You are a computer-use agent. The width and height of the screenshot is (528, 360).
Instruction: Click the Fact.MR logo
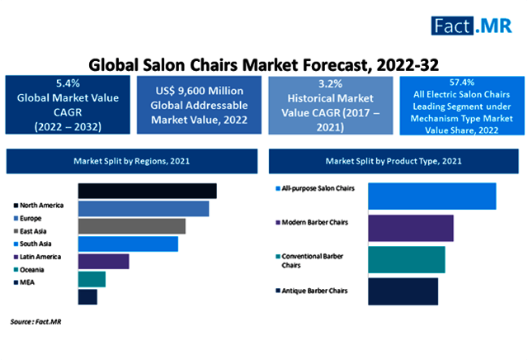point(475,25)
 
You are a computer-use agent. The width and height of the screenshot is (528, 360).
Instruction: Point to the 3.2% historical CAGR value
point(330,83)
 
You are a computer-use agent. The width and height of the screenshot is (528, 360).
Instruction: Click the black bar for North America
point(147,191)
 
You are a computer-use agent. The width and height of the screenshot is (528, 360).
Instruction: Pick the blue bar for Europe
point(143,208)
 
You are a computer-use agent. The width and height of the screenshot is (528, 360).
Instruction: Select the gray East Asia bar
point(131,226)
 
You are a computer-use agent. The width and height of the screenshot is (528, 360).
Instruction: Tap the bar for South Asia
point(128,244)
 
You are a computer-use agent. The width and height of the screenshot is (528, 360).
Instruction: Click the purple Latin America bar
point(103,262)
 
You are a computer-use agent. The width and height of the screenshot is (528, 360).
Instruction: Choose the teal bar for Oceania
point(92,279)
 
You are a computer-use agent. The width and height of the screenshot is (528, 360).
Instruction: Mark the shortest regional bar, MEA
point(87,296)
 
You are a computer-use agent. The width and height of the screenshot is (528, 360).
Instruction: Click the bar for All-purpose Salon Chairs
point(431,197)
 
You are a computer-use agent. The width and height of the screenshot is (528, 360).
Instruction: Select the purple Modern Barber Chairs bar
point(410,227)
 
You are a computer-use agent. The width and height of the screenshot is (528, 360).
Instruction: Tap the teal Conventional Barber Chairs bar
point(406,259)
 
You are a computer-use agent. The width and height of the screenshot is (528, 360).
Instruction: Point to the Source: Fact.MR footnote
point(35,320)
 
